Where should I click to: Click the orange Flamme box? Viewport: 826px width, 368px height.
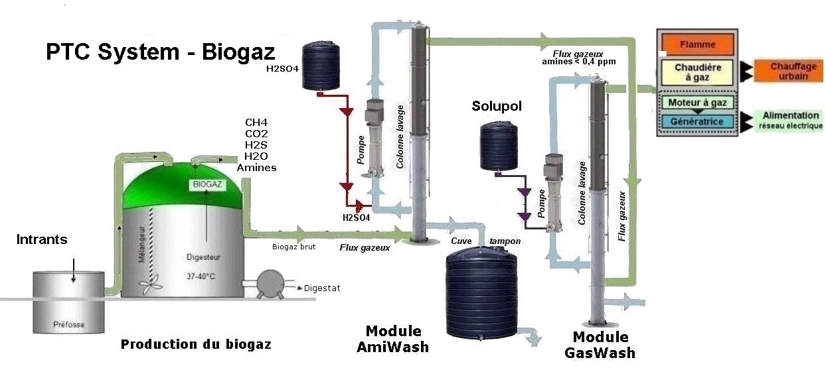698,45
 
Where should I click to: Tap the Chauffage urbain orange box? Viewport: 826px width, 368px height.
789,71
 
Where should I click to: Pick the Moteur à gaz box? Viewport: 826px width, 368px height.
698,103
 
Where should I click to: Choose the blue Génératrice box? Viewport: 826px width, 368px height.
697,122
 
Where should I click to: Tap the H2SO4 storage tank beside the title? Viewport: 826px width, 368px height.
321,66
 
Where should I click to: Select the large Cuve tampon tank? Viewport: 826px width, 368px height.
479,292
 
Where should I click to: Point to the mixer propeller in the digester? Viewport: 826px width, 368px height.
151,283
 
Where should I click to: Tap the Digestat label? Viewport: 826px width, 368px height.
322,288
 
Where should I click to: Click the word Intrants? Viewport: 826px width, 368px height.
42,239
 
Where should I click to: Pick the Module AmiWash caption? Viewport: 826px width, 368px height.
393,339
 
